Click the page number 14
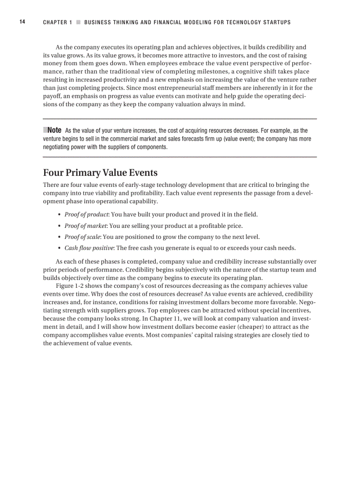22,22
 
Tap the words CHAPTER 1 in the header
57,22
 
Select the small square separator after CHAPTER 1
78,22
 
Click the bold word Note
54,130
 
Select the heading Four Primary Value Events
100,172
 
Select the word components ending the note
153,147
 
